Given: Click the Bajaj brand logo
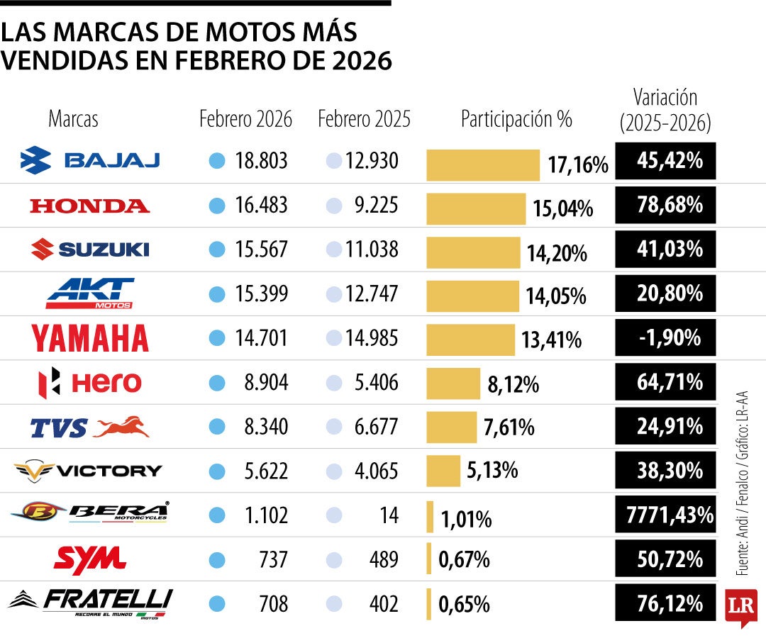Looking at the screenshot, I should click(90, 161).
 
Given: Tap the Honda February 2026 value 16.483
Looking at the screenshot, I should click(261, 206).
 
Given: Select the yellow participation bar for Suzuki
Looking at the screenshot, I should click(472, 252).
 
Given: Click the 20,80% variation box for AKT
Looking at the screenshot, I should click(665, 293).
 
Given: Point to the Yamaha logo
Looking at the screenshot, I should click(90, 338).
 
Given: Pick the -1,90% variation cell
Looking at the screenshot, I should click(665, 337).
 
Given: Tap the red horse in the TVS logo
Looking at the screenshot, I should click(121, 427).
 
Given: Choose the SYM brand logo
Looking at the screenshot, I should click(90, 560).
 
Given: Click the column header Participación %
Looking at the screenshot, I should click(516, 119).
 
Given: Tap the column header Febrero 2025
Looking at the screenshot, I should click(364, 119).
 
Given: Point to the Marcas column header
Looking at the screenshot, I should click(73, 119).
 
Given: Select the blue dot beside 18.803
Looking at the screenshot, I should click(217, 162).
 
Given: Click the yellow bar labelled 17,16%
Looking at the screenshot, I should click(482, 164).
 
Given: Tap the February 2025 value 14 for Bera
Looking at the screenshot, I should click(388, 515).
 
